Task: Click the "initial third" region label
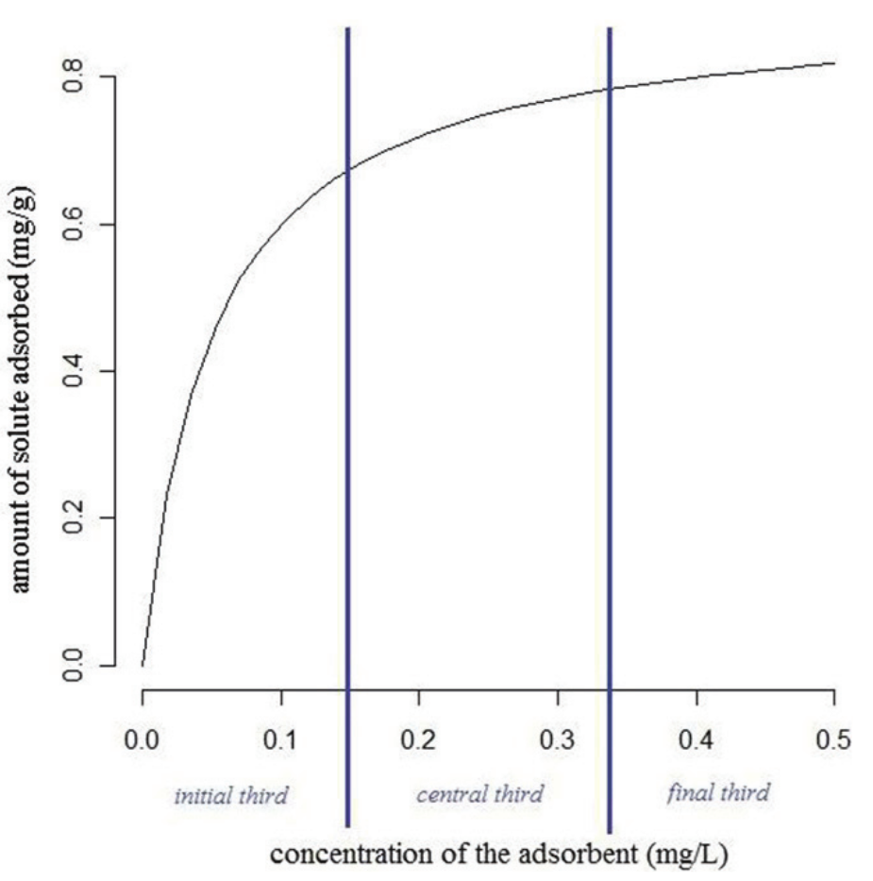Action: click(231, 795)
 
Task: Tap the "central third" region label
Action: click(480, 794)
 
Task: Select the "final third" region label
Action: click(718, 792)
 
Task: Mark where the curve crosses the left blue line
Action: click(348, 170)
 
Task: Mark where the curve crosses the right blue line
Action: click(610, 89)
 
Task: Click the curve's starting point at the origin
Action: click(143, 666)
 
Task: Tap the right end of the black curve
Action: click(834, 62)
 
